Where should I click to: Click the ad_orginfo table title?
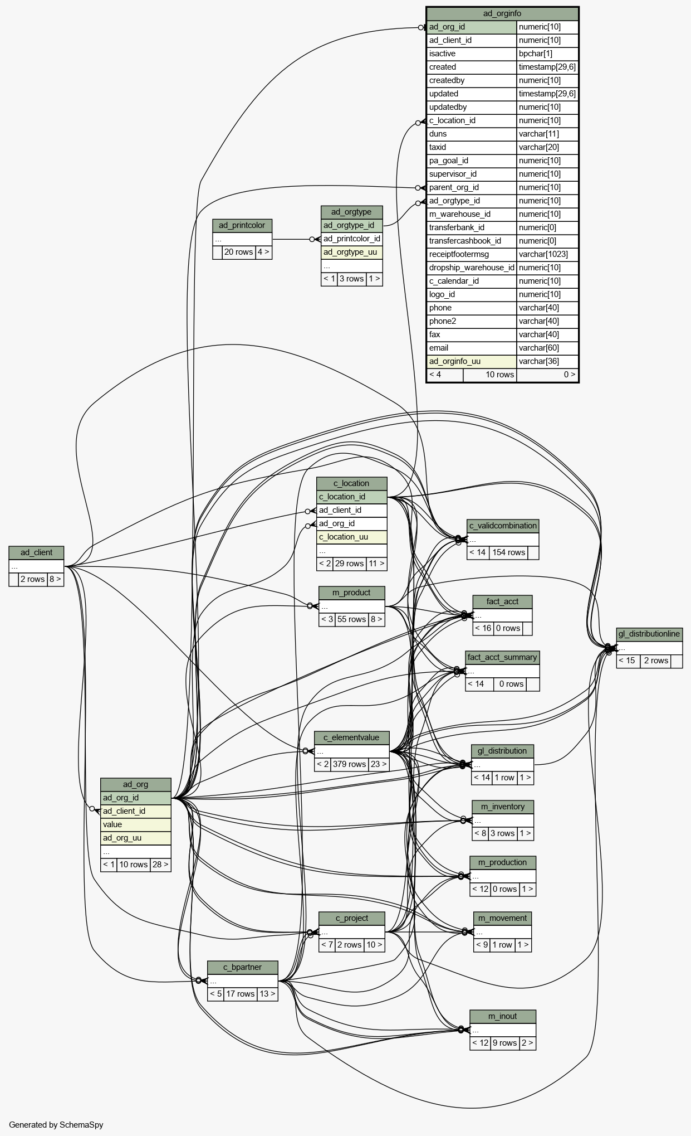(x=502, y=13)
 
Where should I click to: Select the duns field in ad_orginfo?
(x=438, y=134)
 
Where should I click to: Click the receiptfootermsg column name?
(x=459, y=254)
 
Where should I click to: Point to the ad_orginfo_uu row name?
(x=454, y=361)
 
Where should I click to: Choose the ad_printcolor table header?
(x=242, y=225)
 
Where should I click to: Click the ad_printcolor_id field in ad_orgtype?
(x=352, y=239)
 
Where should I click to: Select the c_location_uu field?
(x=344, y=537)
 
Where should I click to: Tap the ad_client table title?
(x=36, y=552)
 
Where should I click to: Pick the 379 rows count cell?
(x=349, y=764)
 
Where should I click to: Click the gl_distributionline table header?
(x=649, y=634)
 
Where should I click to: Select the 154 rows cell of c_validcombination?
(x=509, y=552)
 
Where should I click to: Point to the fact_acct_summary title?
(x=502, y=657)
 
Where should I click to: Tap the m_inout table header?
(x=503, y=1016)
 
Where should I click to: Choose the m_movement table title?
(x=503, y=918)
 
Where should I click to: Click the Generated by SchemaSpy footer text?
(x=56, y=1125)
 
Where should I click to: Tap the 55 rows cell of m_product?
(x=352, y=619)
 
